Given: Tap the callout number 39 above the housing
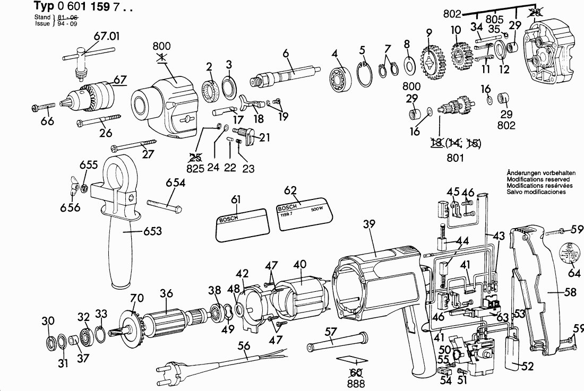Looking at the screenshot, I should pos(370,224).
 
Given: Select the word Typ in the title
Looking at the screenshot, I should pos(45,6).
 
